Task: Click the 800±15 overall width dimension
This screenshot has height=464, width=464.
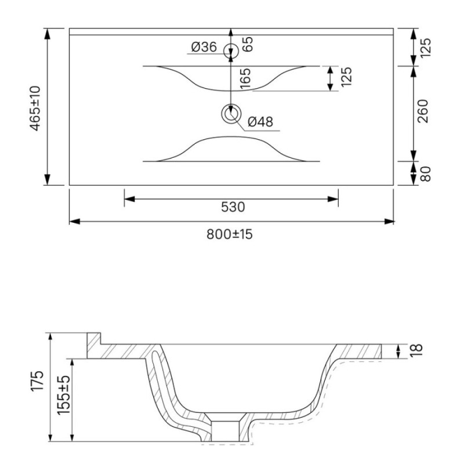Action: (230, 234)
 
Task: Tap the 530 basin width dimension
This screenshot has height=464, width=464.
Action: (233, 207)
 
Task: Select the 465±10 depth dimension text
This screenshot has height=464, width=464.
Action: (35, 108)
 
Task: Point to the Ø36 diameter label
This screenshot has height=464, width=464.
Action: (204, 47)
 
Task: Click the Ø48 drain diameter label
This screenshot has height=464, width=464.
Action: (260, 122)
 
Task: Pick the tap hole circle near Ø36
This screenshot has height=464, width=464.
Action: (231, 51)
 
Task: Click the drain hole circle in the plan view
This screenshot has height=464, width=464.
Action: (231, 114)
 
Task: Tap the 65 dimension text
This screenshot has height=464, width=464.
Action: (248, 44)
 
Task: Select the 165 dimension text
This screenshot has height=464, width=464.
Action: (245, 78)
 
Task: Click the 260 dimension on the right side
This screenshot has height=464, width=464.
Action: (423, 111)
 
